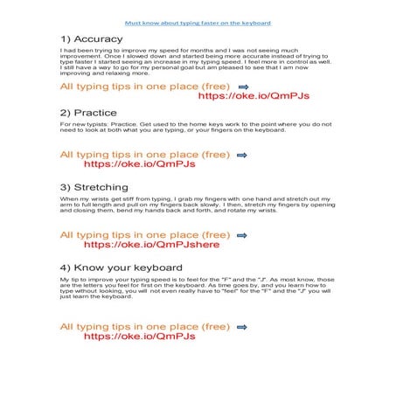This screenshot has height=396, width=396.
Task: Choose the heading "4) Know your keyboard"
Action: [121, 267]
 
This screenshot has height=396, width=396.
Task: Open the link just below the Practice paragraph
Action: [139, 163]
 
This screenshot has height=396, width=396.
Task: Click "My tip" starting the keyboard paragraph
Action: [68, 279]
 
